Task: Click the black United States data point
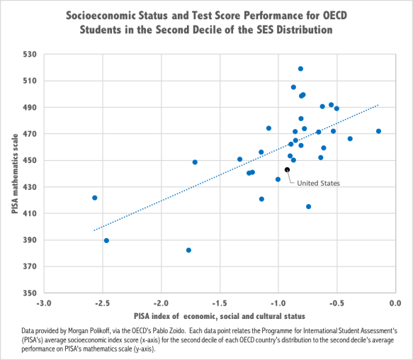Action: (287, 169)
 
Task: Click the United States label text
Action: (318, 183)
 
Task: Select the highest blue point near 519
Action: (300, 69)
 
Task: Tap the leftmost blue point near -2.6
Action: (94, 198)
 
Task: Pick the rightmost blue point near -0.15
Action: (378, 131)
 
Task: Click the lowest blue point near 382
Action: (188, 250)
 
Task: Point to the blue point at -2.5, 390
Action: (106, 240)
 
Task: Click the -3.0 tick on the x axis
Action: (44, 303)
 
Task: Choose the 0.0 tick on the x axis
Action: (395, 303)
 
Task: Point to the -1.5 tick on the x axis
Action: (220, 303)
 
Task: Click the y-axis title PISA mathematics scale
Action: (14, 174)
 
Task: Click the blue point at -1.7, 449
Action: (195, 162)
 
